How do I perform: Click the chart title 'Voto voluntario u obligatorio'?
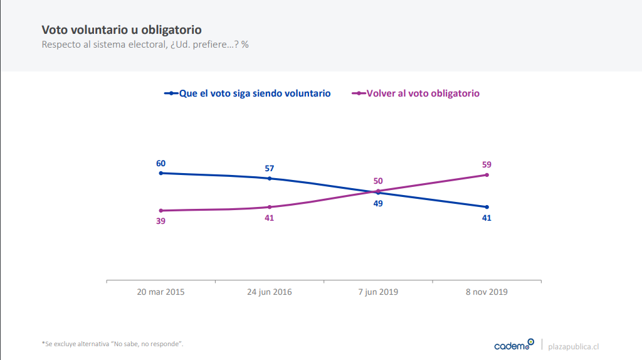click(122, 30)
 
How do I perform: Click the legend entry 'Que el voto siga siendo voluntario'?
click(255, 93)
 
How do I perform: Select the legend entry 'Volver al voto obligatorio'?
click(423, 93)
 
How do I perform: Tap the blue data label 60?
click(161, 163)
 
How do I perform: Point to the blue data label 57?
click(270, 168)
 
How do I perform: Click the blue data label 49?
click(378, 203)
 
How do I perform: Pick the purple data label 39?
click(161, 221)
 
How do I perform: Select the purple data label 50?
click(378, 181)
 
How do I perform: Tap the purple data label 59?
click(487, 164)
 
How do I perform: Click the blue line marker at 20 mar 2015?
click(161, 172)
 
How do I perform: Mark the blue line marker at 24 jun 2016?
click(270, 178)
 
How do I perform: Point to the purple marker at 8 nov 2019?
click(487, 175)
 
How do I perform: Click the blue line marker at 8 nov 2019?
click(487, 207)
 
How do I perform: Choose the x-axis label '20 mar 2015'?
click(161, 292)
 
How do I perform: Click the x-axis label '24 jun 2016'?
click(270, 292)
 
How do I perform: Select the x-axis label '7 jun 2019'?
click(378, 292)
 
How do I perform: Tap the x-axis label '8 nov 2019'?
click(487, 292)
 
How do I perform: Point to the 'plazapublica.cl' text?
click(574, 346)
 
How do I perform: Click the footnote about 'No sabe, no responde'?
click(112, 344)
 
